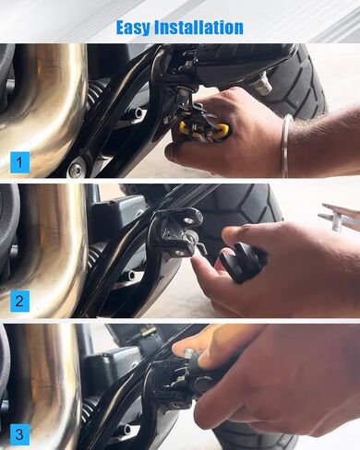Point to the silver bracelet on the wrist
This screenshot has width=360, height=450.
[286, 145]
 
